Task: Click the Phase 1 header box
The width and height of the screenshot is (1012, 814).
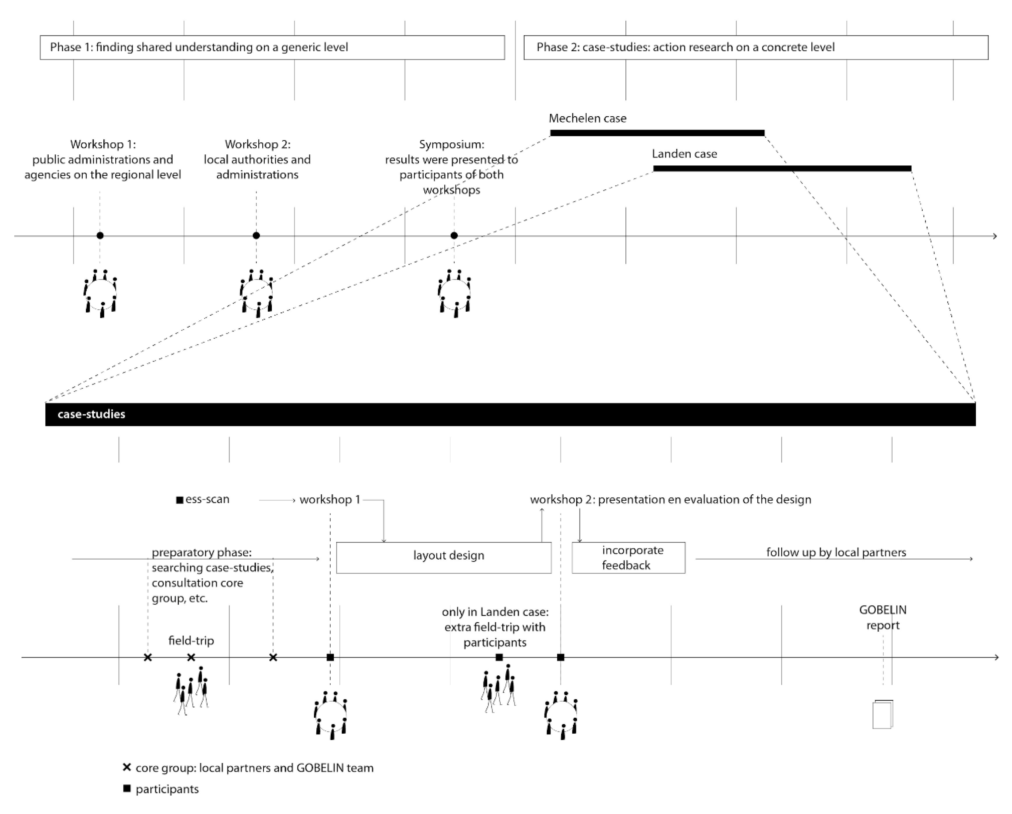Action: [272, 47]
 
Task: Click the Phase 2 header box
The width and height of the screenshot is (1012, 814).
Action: [756, 47]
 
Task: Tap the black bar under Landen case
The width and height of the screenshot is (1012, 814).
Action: [782, 168]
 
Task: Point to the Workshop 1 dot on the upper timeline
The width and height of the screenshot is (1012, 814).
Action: [100, 236]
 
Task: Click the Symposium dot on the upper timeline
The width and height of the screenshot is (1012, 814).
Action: [454, 236]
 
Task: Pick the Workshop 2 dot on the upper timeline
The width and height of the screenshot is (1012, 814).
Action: [256, 236]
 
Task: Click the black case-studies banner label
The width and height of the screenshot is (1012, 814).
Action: [91, 414]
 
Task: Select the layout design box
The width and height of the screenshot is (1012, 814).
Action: [444, 557]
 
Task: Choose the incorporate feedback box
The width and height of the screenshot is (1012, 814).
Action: [628, 557]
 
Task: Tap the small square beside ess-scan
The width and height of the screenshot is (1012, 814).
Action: [179, 500]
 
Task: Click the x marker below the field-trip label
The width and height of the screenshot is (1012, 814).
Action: [191, 657]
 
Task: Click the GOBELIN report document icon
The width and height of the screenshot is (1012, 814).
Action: [882, 714]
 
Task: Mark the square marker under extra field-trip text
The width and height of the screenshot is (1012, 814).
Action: [499, 657]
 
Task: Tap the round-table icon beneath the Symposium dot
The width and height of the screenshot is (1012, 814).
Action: [454, 294]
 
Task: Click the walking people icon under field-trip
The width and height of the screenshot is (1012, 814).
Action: [191, 690]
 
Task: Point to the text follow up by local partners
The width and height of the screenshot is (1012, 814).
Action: [836, 552]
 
